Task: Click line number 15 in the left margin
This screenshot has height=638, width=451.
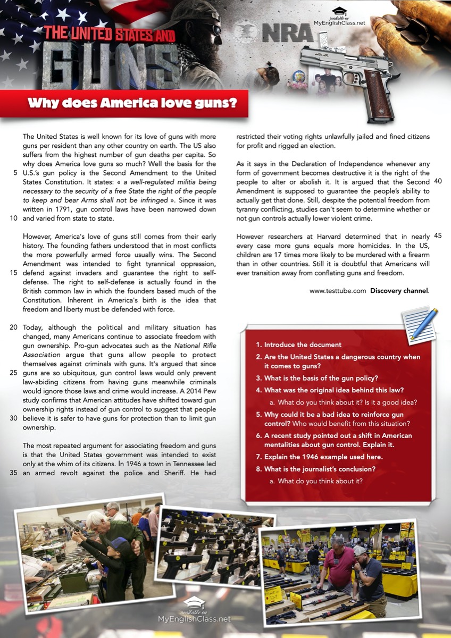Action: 14,273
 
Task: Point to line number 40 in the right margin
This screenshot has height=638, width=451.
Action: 438,181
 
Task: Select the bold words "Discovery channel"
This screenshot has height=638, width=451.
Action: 399,291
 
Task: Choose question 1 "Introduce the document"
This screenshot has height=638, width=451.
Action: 302,345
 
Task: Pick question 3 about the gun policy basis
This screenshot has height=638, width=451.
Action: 321,378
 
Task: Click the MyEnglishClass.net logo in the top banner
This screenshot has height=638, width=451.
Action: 339,18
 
